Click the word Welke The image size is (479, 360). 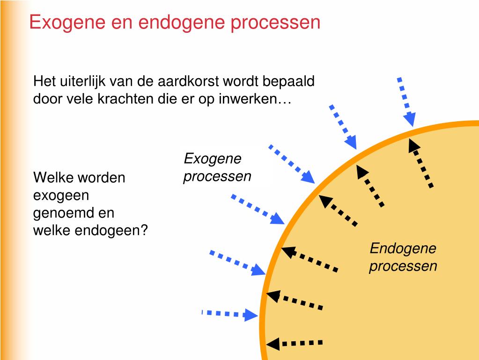tap(53, 178)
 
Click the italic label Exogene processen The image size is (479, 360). tap(217, 168)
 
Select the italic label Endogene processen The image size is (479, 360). tap(403, 257)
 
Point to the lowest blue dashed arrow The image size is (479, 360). tap(229, 314)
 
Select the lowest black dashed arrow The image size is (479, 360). tap(295, 343)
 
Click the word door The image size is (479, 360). tap(46, 99)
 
